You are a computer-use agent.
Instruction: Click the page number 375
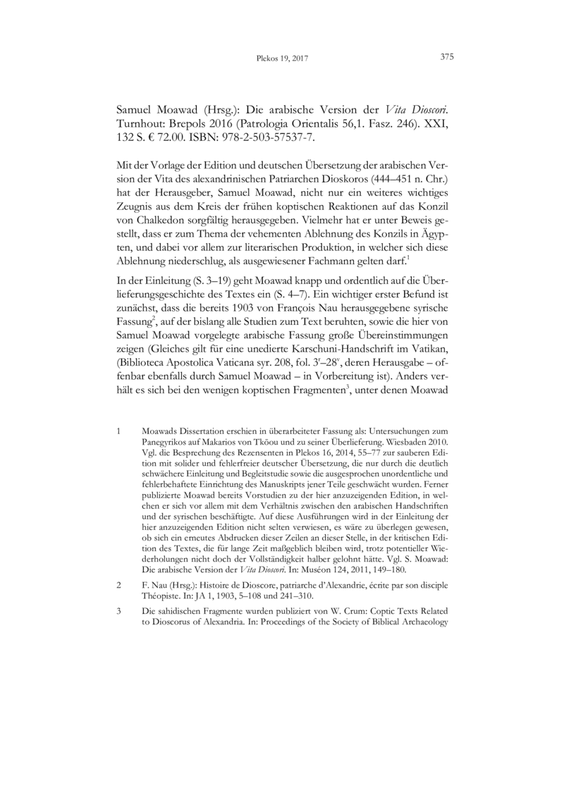pos(446,58)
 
